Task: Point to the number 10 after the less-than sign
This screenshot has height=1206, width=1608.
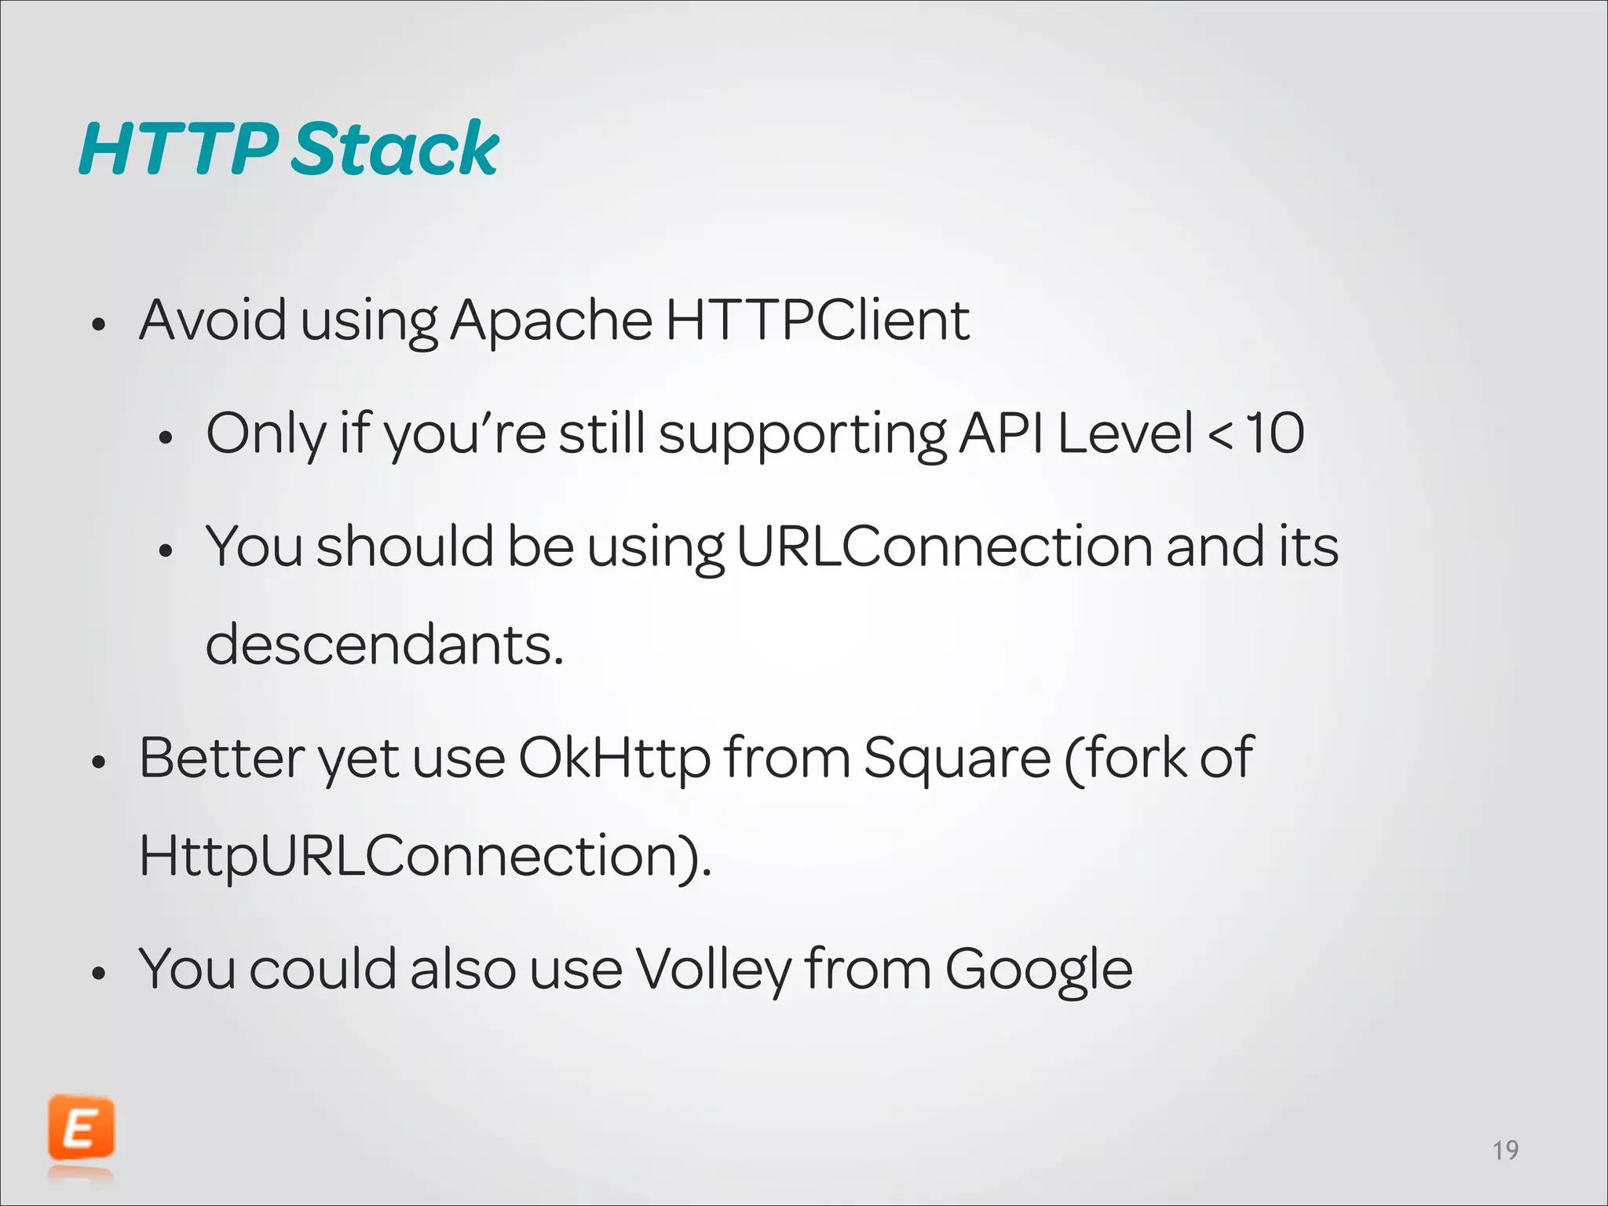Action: click(1275, 433)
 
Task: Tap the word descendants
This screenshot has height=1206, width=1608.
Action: click(384, 645)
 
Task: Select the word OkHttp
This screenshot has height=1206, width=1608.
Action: click(614, 758)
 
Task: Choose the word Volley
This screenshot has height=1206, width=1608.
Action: click(713, 970)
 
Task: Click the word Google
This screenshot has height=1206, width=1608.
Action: click(1038, 970)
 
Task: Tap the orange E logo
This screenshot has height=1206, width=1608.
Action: click(81, 1129)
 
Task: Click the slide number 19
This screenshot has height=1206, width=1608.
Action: click(1505, 1150)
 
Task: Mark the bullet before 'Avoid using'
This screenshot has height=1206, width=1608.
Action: click(98, 324)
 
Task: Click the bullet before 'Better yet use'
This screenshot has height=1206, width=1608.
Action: click(98, 762)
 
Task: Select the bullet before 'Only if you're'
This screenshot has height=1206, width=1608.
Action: click(165, 437)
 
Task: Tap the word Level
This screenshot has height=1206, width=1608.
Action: click(1125, 433)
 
